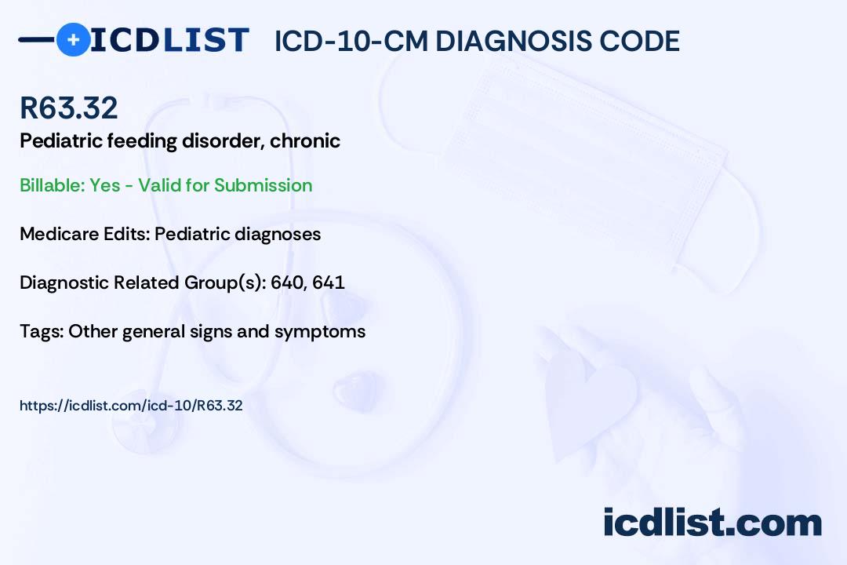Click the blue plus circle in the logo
[x=73, y=39]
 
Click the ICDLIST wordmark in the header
[x=169, y=40]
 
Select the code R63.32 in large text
[x=69, y=108]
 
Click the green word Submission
[x=263, y=185]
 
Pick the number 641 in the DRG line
[x=329, y=282]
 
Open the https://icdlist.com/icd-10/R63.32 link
[x=131, y=406]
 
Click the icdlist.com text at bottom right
[x=712, y=523]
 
